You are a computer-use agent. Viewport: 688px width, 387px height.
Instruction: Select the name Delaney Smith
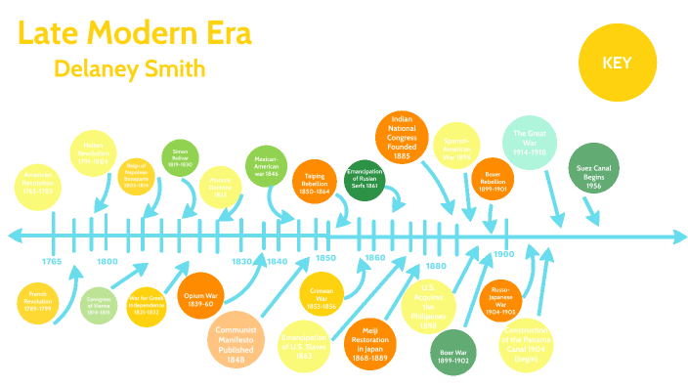click(130, 69)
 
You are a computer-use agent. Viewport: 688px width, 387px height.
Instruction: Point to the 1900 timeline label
click(503, 255)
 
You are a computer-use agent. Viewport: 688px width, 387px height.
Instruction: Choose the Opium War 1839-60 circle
click(203, 298)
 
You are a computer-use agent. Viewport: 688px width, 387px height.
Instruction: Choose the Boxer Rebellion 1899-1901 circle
click(493, 182)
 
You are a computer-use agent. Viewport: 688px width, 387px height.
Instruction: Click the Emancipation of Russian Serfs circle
click(365, 180)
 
